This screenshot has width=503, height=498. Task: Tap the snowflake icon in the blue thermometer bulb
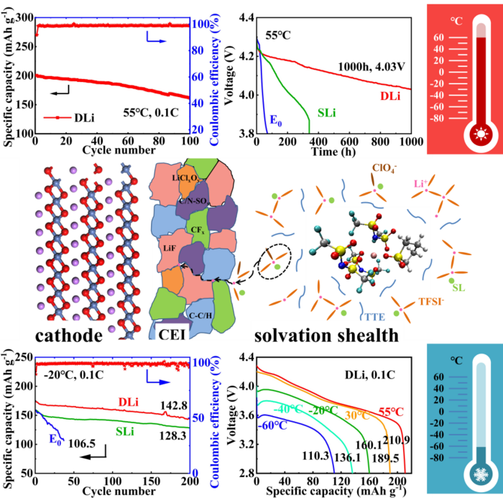(461, 474)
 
